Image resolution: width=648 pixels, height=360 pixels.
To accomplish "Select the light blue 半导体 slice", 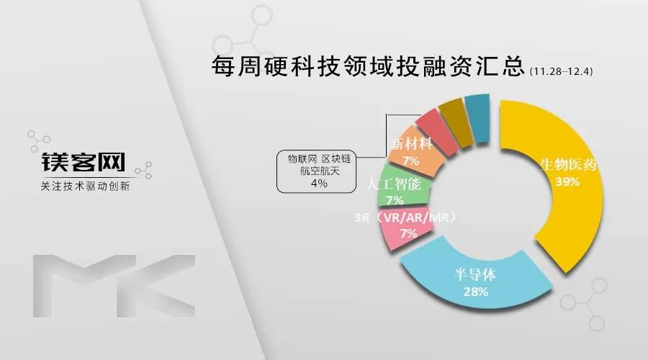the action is pyautogui.click(x=475, y=281).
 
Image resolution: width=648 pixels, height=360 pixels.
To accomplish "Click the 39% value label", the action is pyautogui.click(x=567, y=182).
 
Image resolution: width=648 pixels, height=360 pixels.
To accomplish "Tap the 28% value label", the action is pyautogui.click(x=476, y=292).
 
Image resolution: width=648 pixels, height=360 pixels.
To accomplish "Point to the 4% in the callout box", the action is pyautogui.click(x=319, y=183).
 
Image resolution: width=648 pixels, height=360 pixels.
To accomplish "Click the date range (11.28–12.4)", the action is pyautogui.click(x=561, y=71).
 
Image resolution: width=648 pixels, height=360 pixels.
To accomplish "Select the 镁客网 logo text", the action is pyautogui.click(x=83, y=162).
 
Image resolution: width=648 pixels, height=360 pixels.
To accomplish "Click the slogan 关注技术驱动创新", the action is pyautogui.click(x=85, y=186).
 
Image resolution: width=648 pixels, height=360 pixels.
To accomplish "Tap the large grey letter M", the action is pyautogui.click(x=85, y=286).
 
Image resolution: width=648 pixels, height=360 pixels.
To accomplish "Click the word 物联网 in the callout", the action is pyautogui.click(x=302, y=159).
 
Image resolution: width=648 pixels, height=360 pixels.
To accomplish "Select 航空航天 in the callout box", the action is pyautogui.click(x=320, y=171).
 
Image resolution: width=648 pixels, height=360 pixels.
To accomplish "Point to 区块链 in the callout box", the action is pyautogui.click(x=336, y=159).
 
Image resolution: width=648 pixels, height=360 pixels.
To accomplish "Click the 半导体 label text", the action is pyautogui.click(x=475, y=274).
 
